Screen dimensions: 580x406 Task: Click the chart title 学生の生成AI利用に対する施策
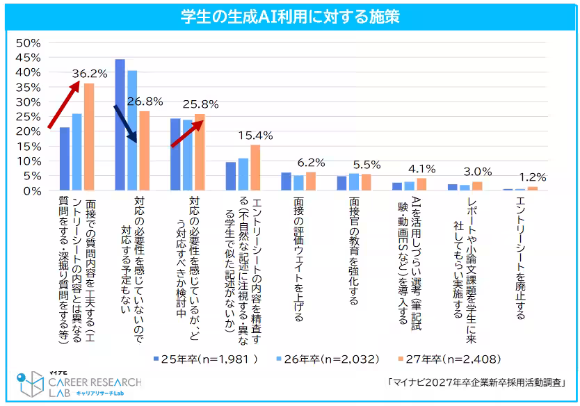[291, 17]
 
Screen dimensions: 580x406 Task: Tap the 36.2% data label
[90, 74]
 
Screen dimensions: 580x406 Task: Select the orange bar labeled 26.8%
[144, 151]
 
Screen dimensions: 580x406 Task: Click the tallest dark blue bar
[120, 125]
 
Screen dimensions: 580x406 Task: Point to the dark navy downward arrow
[125, 124]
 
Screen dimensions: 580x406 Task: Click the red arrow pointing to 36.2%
[63, 105]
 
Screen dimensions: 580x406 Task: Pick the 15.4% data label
[256, 136]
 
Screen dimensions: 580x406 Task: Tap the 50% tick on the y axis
[28, 43]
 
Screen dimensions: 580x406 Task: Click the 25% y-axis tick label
[28, 117]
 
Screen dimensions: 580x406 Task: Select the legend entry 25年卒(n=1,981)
[206, 359]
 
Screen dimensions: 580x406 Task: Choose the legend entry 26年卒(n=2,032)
[328, 359]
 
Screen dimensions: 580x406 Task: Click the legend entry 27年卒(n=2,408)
[449, 359]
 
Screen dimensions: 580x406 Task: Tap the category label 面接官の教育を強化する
[354, 251]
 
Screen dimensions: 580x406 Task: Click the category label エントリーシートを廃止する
[520, 258]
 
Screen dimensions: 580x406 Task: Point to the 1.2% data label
[533, 177]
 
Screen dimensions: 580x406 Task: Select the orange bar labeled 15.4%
[255, 168]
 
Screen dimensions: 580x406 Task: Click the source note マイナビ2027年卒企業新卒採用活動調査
[476, 382]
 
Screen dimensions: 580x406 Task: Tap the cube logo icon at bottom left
[31, 384]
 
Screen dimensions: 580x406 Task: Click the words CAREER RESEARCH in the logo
[95, 382]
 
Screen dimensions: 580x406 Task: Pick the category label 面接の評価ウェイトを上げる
[298, 259]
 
